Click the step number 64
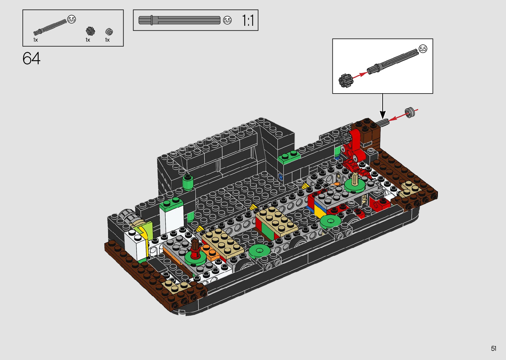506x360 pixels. [31, 58]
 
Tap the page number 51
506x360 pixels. [493, 348]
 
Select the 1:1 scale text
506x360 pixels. [248, 20]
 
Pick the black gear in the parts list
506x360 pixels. [90, 31]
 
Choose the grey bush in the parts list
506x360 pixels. [109, 32]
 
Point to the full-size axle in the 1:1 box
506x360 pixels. [179, 20]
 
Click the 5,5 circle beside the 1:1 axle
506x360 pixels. [227, 20]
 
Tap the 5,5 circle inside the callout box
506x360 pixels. [423, 49]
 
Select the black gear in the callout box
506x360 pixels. [346, 81]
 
